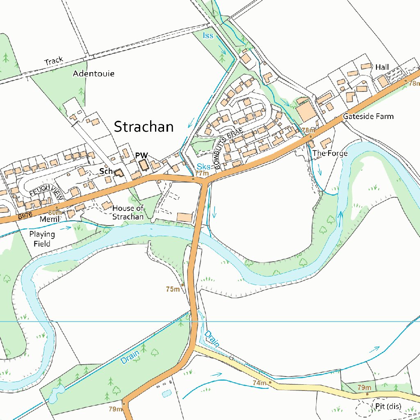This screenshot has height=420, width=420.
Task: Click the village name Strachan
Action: pyautogui.click(x=144, y=127)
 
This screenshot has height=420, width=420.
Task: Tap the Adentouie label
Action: pyautogui.click(x=94, y=74)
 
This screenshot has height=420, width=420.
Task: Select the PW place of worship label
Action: pyautogui.click(x=142, y=155)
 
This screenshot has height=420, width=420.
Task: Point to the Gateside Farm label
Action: pyautogui.click(x=368, y=116)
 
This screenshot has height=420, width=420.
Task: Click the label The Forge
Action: pyautogui.click(x=330, y=153)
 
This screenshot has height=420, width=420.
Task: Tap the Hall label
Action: pyautogui.click(x=382, y=67)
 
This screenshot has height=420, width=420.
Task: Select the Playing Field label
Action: pyautogui.click(x=42, y=239)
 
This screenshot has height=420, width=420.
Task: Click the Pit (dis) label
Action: pyautogui.click(x=388, y=406)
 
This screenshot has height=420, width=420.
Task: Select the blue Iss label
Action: pyautogui.click(x=208, y=36)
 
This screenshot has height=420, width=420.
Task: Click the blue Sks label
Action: pyautogui.click(x=203, y=167)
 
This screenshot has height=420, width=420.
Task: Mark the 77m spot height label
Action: pyautogui.click(x=201, y=173)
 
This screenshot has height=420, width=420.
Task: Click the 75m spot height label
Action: pyautogui.click(x=173, y=289)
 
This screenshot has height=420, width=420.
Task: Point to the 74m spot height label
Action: pyautogui.click(x=259, y=383)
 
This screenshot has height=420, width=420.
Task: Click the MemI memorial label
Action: pyautogui.click(x=47, y=219)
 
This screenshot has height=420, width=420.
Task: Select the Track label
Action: pyautogui.click(x=54, y=61)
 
